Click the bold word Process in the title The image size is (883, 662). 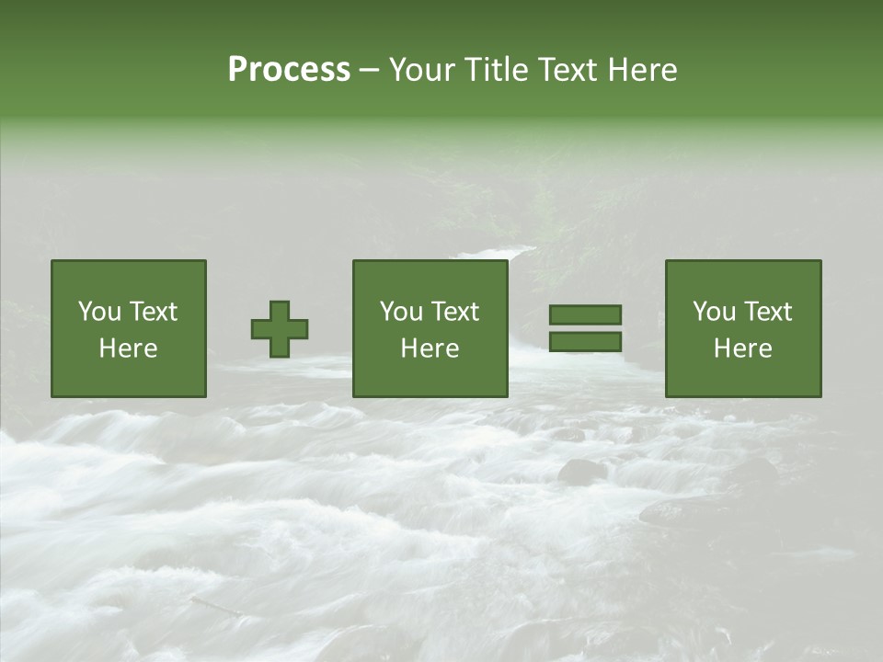point(289,70)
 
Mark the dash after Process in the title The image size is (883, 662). point(370,71)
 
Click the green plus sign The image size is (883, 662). point(280,329)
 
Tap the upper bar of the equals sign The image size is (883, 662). point(585,315)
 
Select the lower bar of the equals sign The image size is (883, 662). point(585,342)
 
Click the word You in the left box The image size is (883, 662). point(99,312)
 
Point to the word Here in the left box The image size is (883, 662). point(128,348)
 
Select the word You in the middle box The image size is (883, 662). point(401,312)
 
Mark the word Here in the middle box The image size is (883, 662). point(430,348)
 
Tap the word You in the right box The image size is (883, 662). point(714,312)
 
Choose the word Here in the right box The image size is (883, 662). point(742,348)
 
